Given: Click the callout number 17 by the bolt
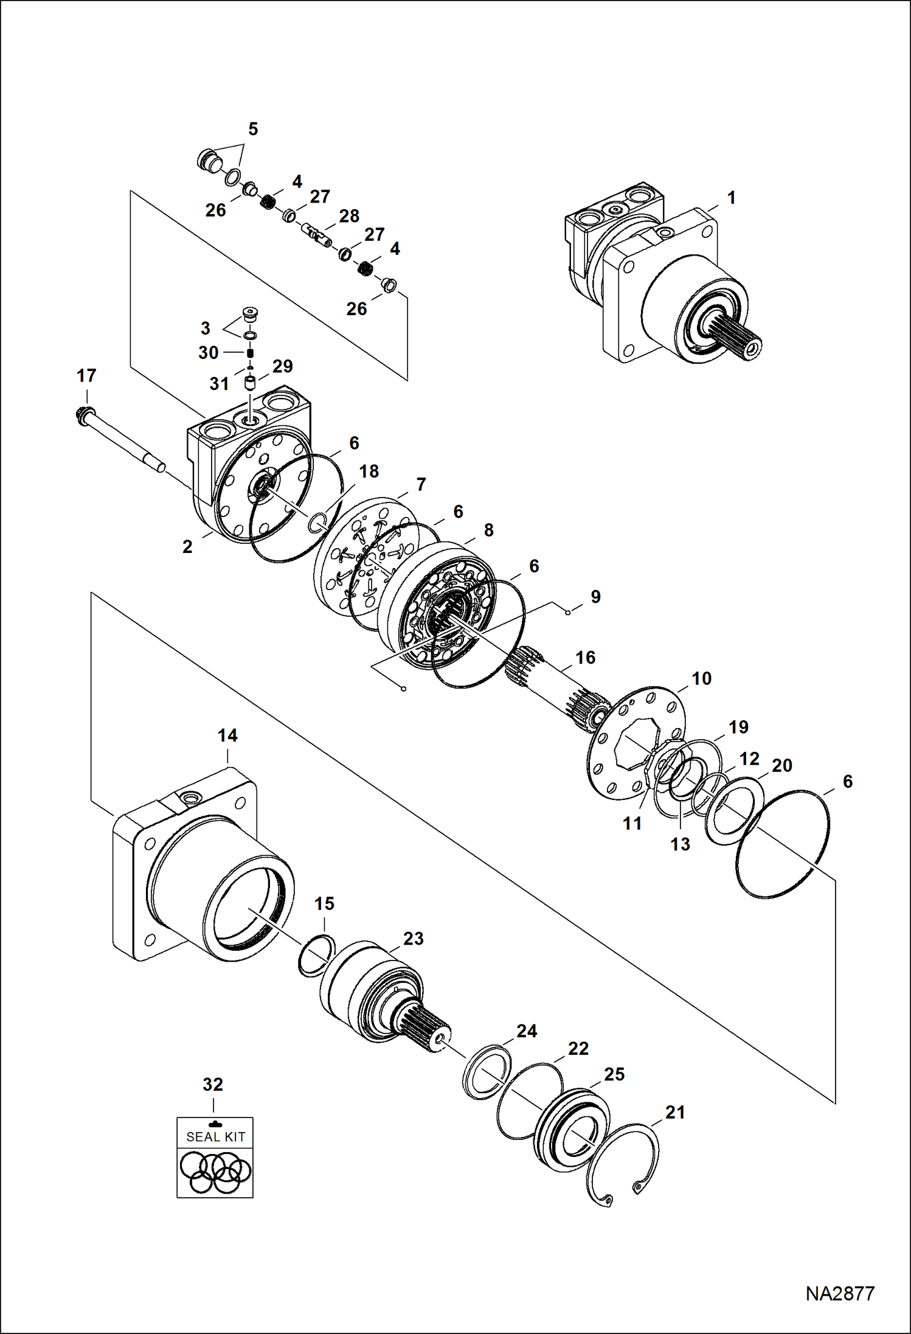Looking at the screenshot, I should point(86,375).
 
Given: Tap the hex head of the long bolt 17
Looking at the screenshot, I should point(84,417).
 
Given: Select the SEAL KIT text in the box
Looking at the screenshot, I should point(215,1136).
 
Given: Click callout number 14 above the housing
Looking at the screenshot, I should point(227,735).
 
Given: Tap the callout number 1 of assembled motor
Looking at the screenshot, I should point(732,198).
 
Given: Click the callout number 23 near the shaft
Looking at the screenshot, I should point(413,939).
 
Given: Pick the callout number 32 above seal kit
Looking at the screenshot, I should point(213,1085).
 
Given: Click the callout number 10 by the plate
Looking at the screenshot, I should point(701,678).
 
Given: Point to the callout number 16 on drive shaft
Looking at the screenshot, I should point(585,657).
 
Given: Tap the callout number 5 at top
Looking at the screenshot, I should point(253,129).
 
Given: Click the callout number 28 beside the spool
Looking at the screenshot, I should point(349,216).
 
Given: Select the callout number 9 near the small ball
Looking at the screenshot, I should point(595,596).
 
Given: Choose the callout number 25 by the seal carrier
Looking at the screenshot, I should point(614,1074).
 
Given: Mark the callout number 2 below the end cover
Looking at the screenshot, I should point(187,546).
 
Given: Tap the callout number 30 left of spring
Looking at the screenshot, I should point(208,353).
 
